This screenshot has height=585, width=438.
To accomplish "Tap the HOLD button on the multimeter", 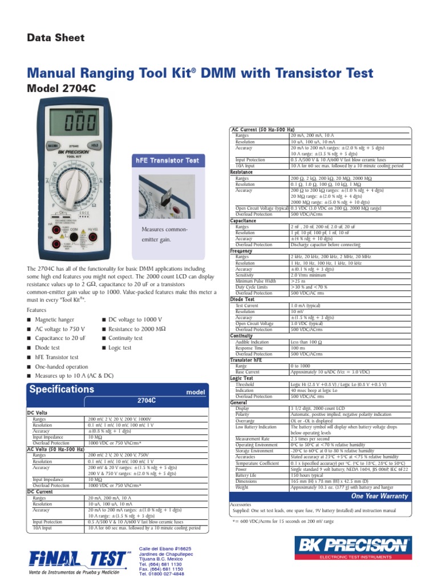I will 95,146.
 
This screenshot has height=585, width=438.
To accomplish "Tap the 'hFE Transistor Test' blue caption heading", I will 167,161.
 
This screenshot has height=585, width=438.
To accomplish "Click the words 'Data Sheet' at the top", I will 56,38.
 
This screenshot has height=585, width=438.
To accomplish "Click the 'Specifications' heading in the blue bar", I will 62,389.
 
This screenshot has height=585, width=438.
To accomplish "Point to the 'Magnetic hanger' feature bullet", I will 58,319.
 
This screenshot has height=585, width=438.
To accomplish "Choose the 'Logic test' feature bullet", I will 120,347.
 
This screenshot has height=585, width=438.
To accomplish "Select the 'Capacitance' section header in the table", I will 243,221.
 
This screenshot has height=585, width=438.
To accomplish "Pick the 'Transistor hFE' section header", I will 246,360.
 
